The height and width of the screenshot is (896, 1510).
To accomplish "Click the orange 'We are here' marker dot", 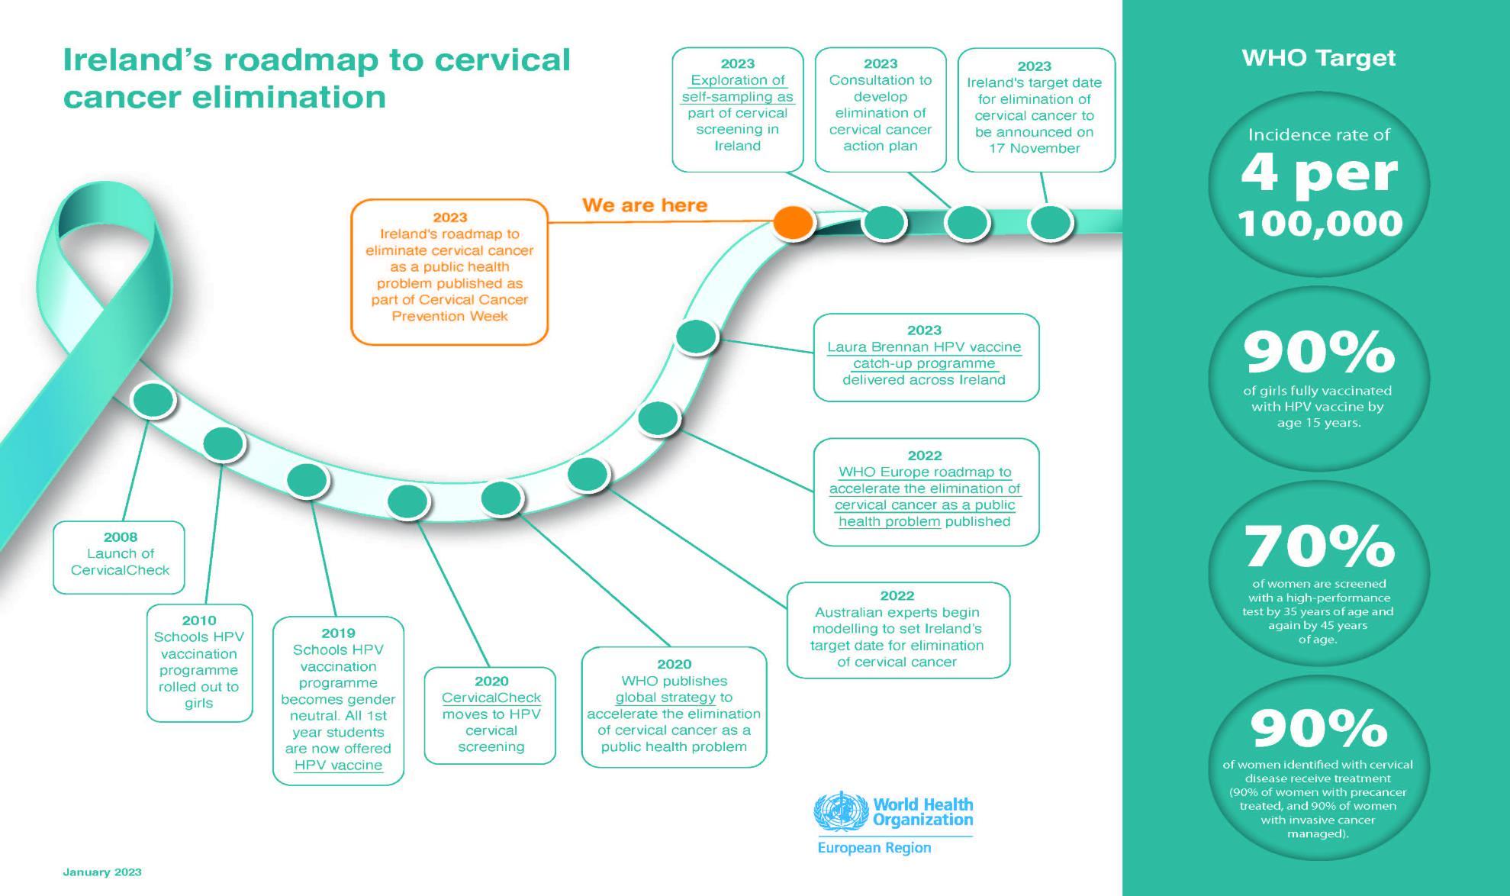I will click(794, 223).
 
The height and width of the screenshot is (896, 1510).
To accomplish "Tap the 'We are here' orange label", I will click(645, 205).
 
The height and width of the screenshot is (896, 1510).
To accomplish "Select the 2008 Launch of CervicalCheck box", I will click(119, 556).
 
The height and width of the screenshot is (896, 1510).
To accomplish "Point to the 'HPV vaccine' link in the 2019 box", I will click(338, 765).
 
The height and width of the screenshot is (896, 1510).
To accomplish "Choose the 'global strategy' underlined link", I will click(665, 697).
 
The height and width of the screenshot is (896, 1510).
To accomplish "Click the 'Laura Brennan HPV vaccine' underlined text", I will click(924, 346).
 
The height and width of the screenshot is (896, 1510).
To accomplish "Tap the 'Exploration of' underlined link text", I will click(737, 80).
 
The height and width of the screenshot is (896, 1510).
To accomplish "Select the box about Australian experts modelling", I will click(898, 630).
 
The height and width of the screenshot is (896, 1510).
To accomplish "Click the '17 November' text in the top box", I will click(1034, 148).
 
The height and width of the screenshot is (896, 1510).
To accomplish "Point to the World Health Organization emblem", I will click(841, 811).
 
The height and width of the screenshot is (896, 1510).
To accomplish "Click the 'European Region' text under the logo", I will click(874, 848).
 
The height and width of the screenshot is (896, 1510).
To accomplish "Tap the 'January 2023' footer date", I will click(102, 872).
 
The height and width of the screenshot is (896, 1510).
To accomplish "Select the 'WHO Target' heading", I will click(1318, 58).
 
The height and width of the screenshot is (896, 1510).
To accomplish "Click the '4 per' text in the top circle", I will click(1319, 174).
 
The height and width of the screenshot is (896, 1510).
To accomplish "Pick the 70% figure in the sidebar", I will click(1319, 546).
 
